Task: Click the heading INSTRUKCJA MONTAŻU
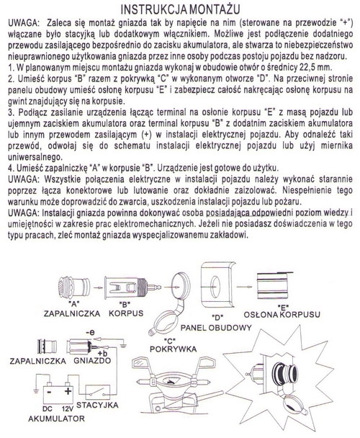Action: (x=180, y=9)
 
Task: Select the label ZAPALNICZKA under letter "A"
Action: (x=72, y=313)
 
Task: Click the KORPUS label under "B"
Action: (x=126, y=313)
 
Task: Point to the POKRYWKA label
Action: (x=173, y=349)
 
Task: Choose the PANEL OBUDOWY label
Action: (x=216, y=328)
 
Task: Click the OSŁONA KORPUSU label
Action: (x=282, y=315)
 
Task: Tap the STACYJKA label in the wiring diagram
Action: (x=97, y=405)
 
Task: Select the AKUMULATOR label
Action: (x=56, y=419)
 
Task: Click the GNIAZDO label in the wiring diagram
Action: (x=92, y=361)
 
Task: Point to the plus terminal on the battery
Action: (x=68, y=391)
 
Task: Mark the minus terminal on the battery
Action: (x=49, y=392)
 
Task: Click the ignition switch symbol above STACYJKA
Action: (x=97, y=393)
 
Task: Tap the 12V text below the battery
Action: (x=67, y=409)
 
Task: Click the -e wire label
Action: (x=90, y=332)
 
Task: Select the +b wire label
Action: (x=102, y=352)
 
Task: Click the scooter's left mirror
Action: (x=140, y=364)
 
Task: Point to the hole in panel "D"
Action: (x=215, y=287)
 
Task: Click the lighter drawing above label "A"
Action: (x=74, y=287)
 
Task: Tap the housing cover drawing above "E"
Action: (x=273, y=286)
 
